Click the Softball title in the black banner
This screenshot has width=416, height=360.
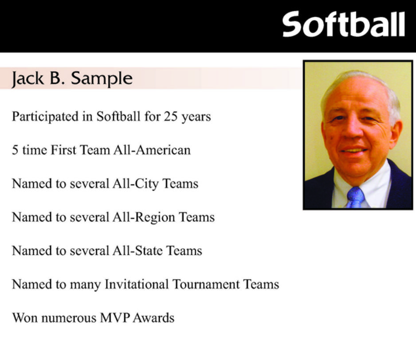[x=344, y=24]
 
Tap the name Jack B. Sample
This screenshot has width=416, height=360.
[x=72, y=79]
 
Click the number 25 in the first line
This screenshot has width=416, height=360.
[x=171, y=117]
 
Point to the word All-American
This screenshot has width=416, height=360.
[x=152, y=150]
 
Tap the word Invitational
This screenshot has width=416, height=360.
[x=137, y=284]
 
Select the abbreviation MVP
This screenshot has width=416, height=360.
[x=115, y=318]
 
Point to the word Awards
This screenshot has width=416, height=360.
[x=153, y=318]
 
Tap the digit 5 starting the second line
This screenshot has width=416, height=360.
[x=15, y=150]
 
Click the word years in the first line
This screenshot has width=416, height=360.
[x=196, y=117]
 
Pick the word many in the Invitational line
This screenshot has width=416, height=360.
[x=86, y=286]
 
